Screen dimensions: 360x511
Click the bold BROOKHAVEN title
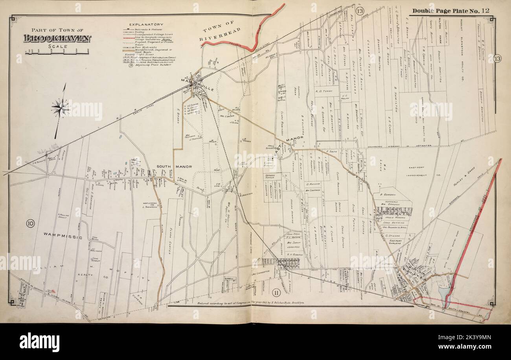pyautogui.click(x=57, y=39)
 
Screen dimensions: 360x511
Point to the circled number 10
pyautogui.click(x=30, y=224)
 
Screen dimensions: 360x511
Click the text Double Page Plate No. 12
pyautogui.click(x=450, y=11)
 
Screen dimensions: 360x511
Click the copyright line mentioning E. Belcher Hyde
pyautogui.click(x=248, y=303)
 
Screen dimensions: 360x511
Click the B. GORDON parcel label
pyautogui.click(x=387, y=194)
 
